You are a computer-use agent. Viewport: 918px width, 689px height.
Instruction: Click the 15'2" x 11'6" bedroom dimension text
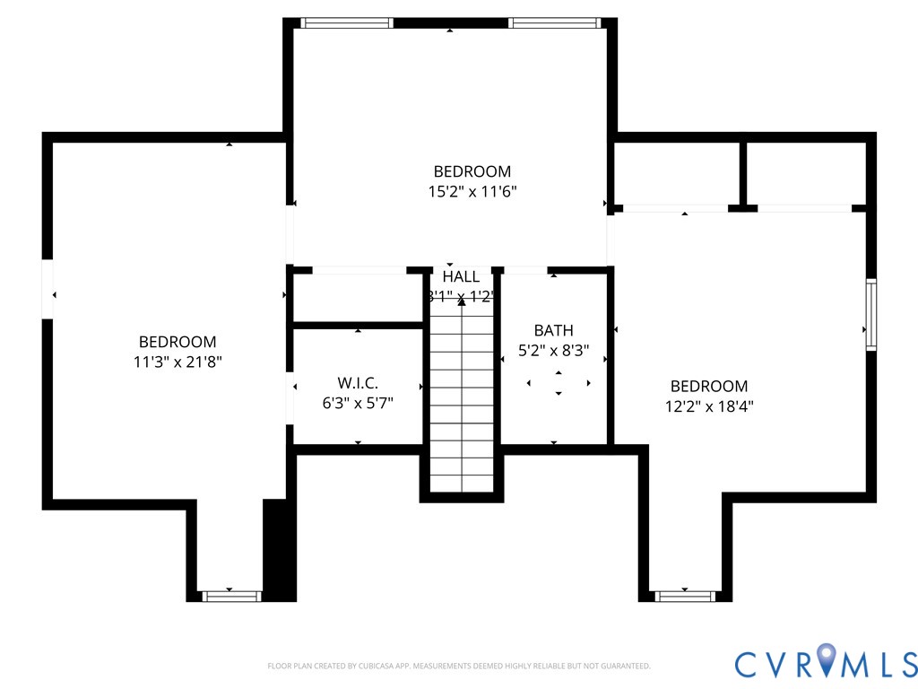(472, 191)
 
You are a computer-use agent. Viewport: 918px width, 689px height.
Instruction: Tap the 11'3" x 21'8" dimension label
(178, 362)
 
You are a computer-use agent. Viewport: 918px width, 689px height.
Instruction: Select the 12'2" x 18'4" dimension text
(709, 406)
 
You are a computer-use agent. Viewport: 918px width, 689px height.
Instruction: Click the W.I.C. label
(358, 383)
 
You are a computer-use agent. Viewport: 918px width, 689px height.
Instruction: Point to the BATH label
(553, 330)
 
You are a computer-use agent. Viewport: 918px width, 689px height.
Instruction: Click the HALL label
(461, 276)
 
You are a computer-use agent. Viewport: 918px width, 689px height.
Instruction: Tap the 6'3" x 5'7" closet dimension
(358, 403)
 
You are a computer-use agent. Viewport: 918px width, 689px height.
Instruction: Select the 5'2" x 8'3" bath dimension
(553, 351)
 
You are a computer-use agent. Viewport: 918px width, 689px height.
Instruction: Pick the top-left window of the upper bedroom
(346, 23)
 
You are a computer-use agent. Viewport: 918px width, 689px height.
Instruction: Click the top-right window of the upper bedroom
(554, 23)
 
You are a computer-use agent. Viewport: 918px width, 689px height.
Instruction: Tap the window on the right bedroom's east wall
(870, 314)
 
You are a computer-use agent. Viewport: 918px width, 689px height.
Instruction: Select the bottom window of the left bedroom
(229, 596)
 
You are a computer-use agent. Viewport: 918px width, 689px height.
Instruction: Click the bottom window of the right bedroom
(685, 596)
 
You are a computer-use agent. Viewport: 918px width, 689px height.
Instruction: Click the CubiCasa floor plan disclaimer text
(458, 666)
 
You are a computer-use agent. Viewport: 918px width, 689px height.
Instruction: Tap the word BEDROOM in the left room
(178, 342)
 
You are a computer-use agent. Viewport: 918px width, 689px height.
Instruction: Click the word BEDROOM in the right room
(709, 386)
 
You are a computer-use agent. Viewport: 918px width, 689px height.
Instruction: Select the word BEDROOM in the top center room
(472, 171)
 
